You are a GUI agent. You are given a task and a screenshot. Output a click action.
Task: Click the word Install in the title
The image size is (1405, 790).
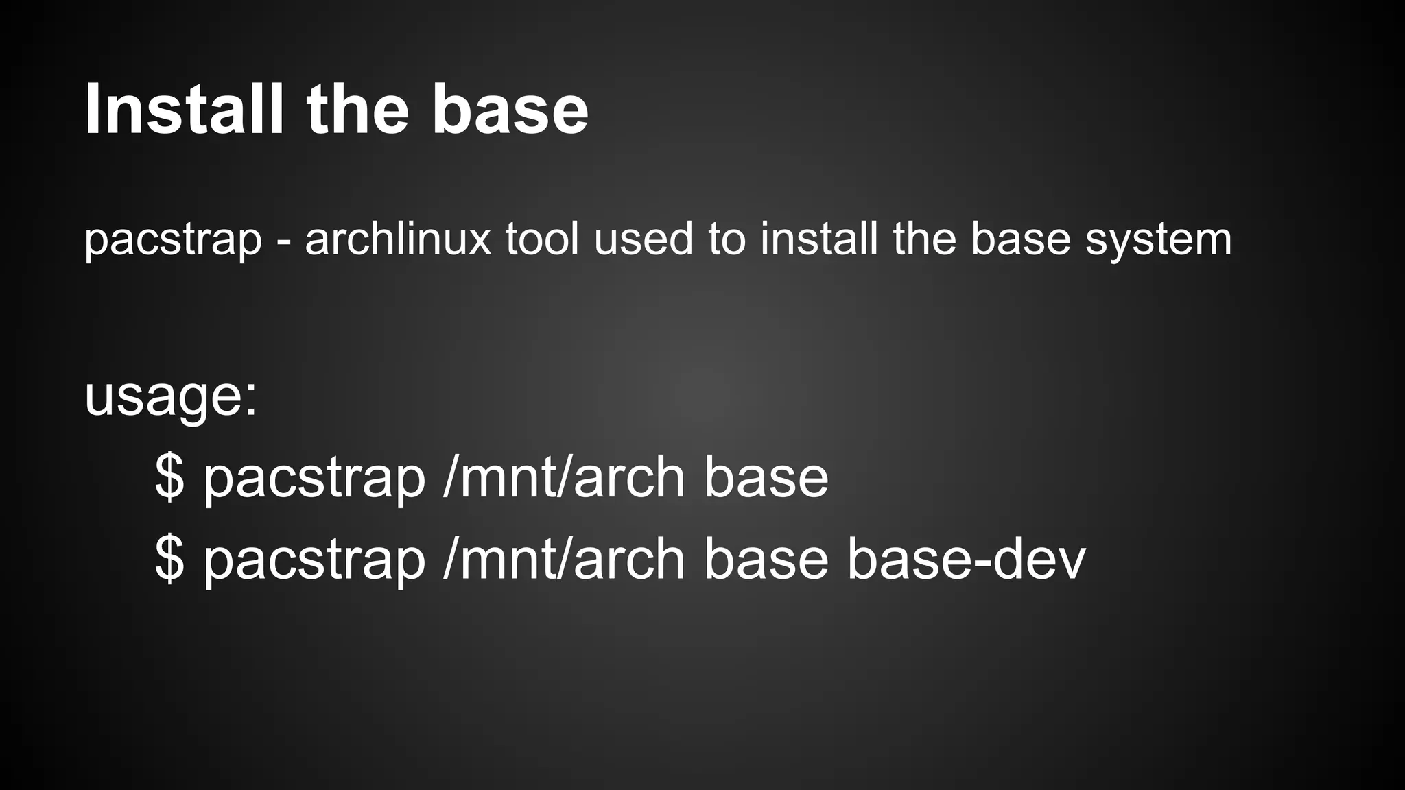pyautogui.click(x=184, y=110)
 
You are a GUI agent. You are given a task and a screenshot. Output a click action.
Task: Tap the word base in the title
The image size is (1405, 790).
pyautogui.click(x=510, y=110)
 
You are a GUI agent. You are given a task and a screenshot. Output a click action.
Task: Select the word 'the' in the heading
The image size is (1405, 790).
pyautogui.click(x=357, y=110)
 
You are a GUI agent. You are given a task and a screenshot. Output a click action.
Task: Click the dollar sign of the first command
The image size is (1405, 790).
pyautogui.click(x=169, y=477)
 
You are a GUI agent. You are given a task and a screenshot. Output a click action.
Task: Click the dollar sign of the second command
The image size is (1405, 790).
pyautogui.click(x=169, y=560)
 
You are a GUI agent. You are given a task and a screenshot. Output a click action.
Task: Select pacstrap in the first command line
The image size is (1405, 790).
pyautogui.click(x=314, y=480)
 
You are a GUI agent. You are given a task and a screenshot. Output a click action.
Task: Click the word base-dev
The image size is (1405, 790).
pyautogui.click(x=966, y=560)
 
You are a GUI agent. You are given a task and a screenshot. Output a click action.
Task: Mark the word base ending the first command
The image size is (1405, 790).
pyautogui.click(x=766, y=479)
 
